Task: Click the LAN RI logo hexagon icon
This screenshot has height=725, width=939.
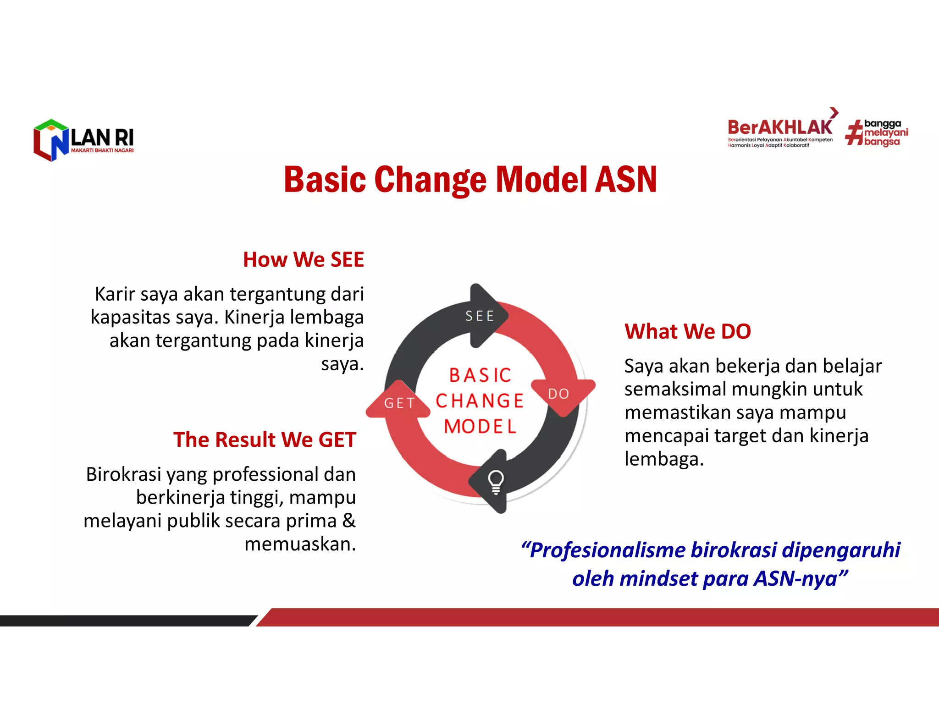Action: [x=50, y=140]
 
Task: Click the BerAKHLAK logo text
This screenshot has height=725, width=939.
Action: [x=779, y=127]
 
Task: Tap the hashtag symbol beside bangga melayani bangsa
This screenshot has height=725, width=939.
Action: [x=854, y=133]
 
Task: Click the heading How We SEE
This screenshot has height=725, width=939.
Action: [x=303, y=259]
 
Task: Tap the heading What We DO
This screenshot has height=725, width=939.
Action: [x=687, y=331]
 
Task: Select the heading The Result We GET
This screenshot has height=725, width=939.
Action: [x=265, y=439]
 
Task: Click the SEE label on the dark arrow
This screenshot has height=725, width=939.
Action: [x=480, y=316]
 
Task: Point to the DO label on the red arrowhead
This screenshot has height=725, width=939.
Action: [x=558, y=394]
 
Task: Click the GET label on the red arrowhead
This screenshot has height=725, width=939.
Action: [x=399, y=403]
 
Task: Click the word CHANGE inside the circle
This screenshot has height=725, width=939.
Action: [x=480, y=401]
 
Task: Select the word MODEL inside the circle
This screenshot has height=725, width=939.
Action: [x=480, y=427]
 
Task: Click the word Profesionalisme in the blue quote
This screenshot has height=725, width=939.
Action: [x=607, y=550]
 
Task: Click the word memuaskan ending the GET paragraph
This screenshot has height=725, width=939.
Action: [x=300, y=544]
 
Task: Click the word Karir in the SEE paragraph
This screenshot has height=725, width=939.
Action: [x=115, y=294]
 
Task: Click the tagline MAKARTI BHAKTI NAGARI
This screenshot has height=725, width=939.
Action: [x=102, y=150]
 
